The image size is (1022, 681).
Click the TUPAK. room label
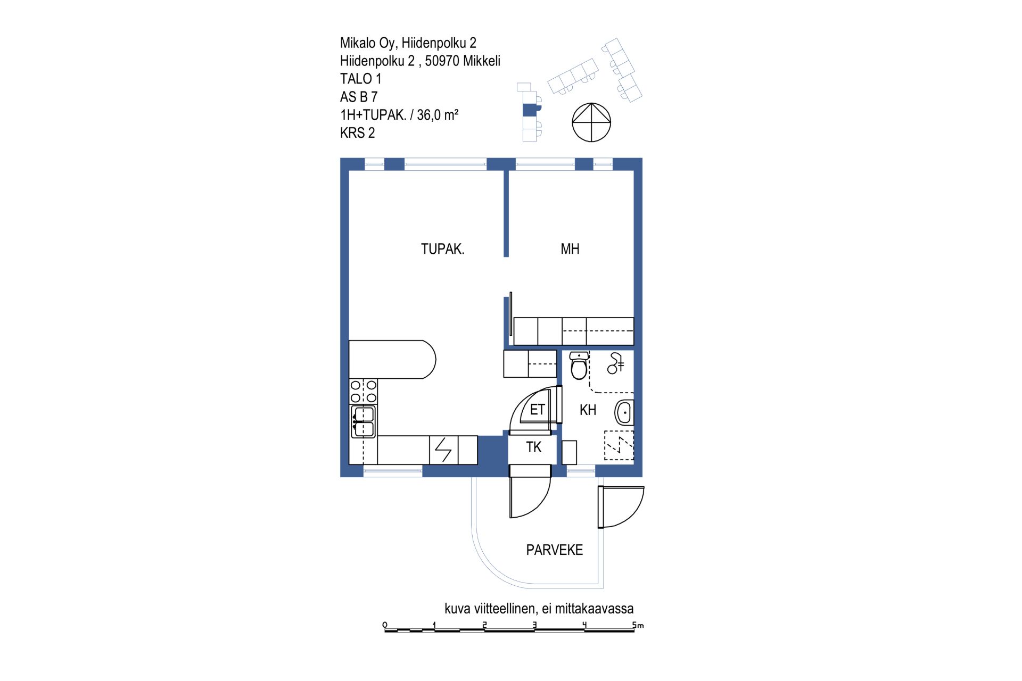[442, 249]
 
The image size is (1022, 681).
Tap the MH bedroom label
[570, 249]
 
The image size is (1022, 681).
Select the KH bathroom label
[588, 410]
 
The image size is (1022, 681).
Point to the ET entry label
[537, 410]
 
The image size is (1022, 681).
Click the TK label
[533, 447]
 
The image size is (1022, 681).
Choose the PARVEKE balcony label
[554, 550]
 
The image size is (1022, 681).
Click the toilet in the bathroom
[579, 366]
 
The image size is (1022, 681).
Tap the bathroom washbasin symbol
[624, 412]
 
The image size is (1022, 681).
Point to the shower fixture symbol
[615, 363]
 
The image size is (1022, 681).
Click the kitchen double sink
[364, 421]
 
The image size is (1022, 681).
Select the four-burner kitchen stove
[364, 392]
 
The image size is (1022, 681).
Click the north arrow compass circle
[591, 122]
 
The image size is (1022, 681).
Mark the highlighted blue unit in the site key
[532, 110]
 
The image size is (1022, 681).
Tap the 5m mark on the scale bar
[638, 625]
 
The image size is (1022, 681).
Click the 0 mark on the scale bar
[385, 625]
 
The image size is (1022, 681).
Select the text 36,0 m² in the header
[438, 115]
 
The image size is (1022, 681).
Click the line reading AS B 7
[359, 97]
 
